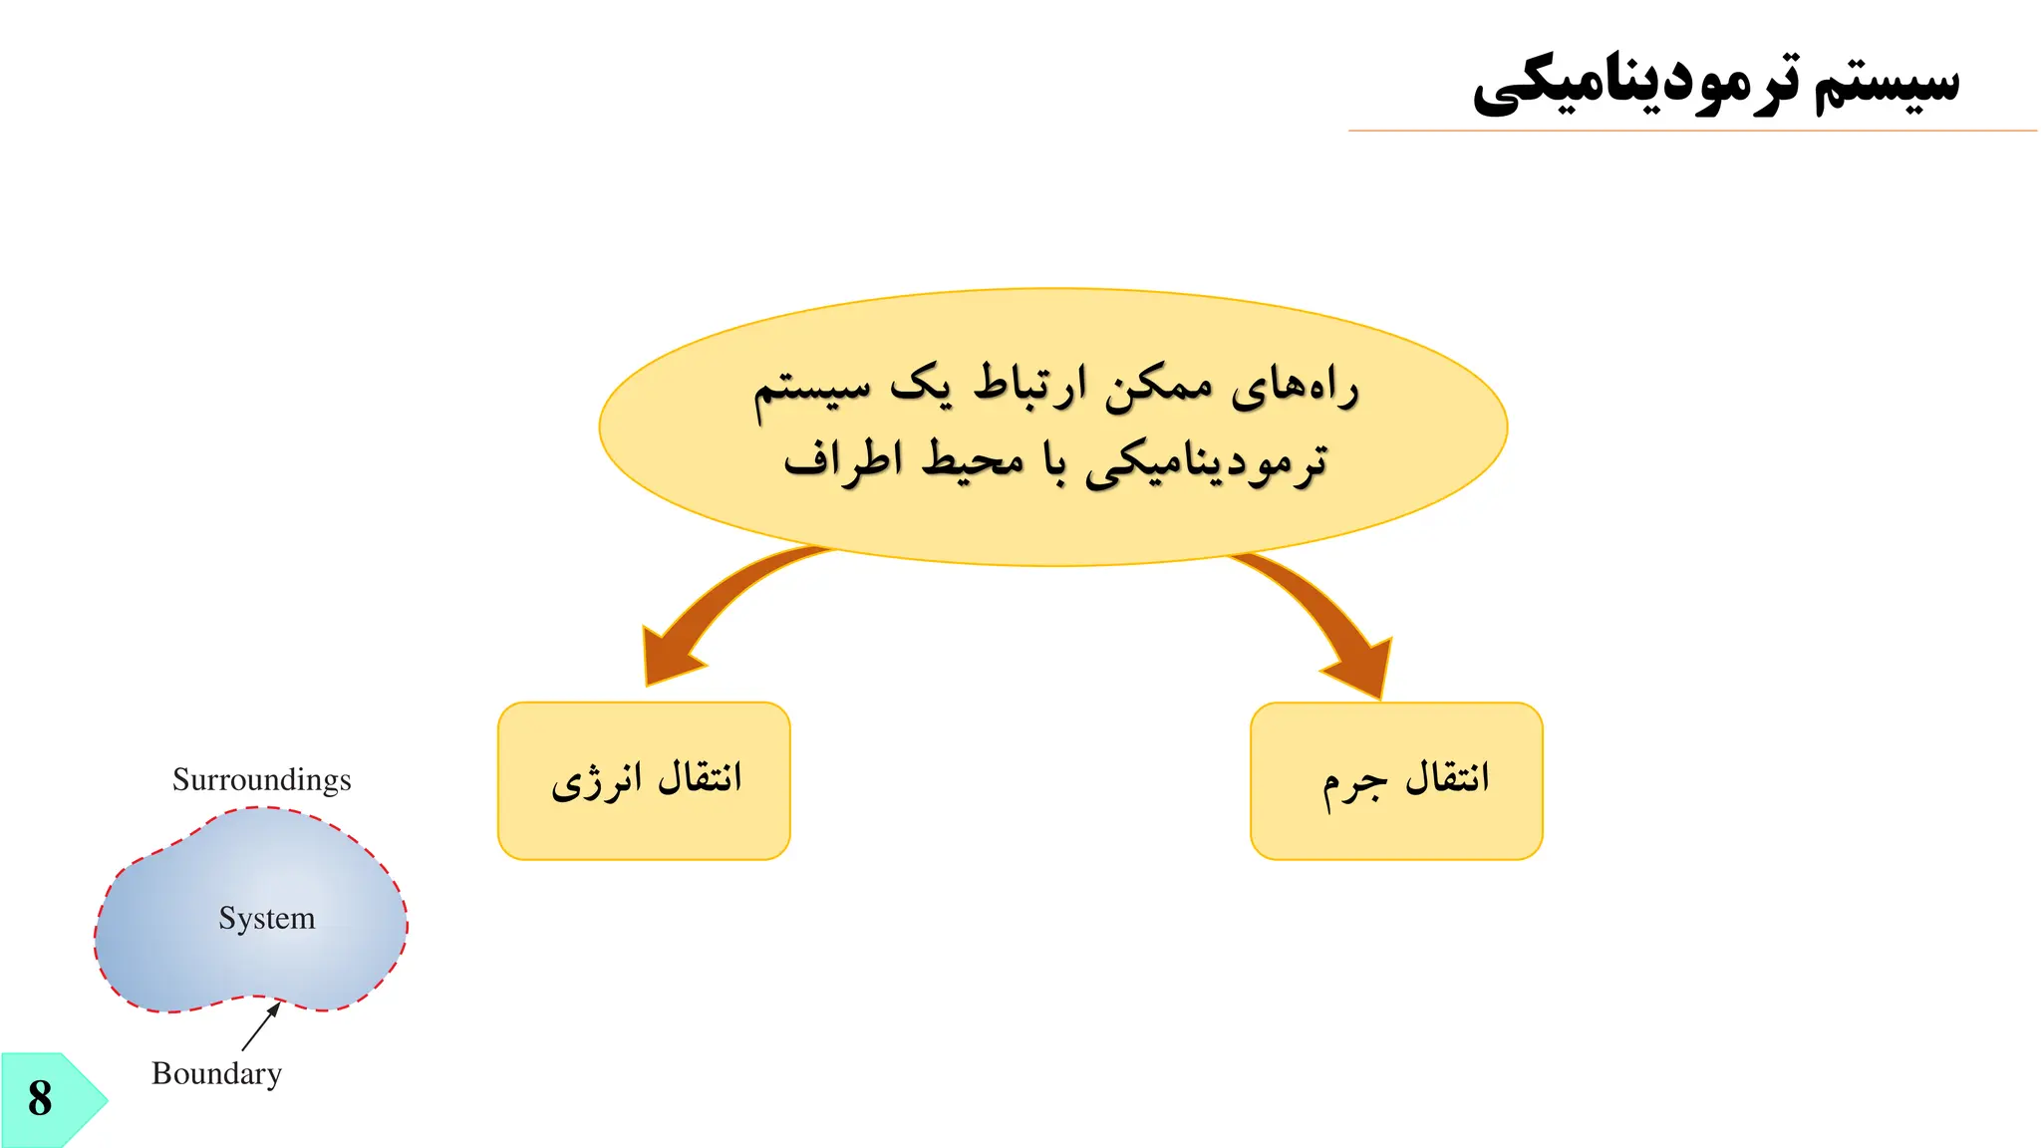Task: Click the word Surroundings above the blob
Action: tap(261, 779)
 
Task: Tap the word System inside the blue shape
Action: tap(266, 918)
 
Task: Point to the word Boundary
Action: tap(216, 1073)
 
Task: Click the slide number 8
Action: tap(40, 1098)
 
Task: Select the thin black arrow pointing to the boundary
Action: tap(260, 1026)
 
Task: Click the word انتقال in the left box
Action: tap(700, 777)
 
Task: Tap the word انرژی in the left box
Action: tap(596, 781)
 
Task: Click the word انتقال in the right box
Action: tap(1447, 777)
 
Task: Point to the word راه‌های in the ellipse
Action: tap(1295, 387)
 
